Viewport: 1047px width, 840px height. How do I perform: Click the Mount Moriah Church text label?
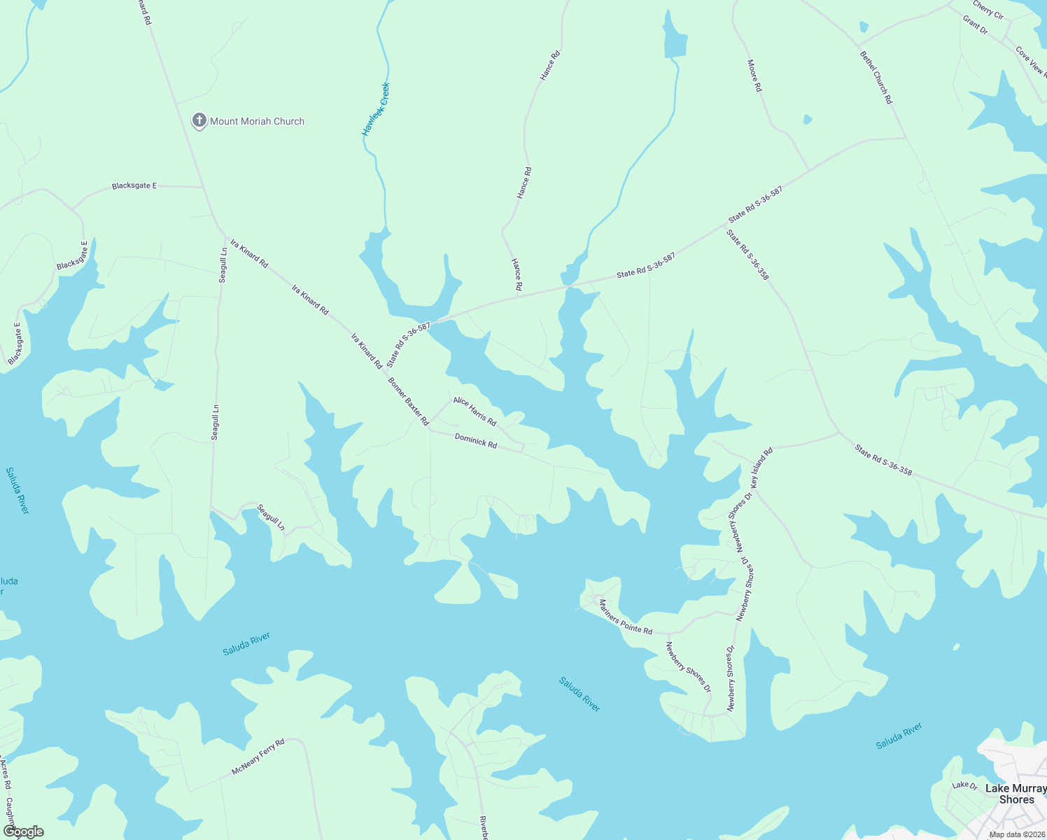[x=257, y=121]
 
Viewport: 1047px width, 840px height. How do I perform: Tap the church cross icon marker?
[x=199, y=120]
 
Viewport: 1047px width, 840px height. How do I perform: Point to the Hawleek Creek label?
[x=375, y=109]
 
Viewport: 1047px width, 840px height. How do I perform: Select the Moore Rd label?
[x=754, y=76]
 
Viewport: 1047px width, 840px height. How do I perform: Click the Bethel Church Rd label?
[x=876, y=77]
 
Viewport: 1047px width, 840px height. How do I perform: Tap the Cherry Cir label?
[x=988, y=10]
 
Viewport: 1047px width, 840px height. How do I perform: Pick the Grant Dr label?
[x=975, y=26]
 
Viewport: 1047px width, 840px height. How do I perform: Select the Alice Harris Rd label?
[x=475, y=411]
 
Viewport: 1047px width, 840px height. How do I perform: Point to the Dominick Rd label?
[x=476, y=440]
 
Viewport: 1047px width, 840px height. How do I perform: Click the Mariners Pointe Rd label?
[x=626, y=616]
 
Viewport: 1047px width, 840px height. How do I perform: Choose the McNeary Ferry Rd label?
[x=258, y=757]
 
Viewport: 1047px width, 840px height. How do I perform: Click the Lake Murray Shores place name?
[x=1016, y=794]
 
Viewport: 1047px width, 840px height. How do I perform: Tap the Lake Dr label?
[x=964, y=785]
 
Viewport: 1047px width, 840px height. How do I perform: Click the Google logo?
[x=24, y=832]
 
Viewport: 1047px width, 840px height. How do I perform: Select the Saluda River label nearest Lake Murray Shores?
[x=899, y=736]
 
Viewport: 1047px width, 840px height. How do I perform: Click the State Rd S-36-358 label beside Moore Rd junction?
[x=747, y=255]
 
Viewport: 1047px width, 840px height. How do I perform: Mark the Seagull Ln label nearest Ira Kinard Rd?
[x=223, y=265]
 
